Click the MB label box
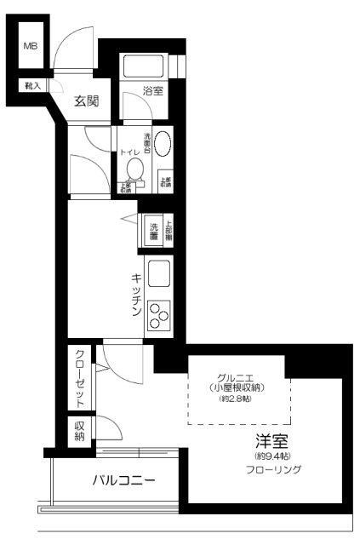[30, 46]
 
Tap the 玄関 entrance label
[87, 102]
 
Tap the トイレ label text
[132, 153]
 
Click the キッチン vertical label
[135, 295]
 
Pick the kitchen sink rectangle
[160, 274]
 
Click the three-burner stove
[160, 316]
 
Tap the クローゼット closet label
[79, 379]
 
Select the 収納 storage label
[79, 431]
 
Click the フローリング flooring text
[274, 469]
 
